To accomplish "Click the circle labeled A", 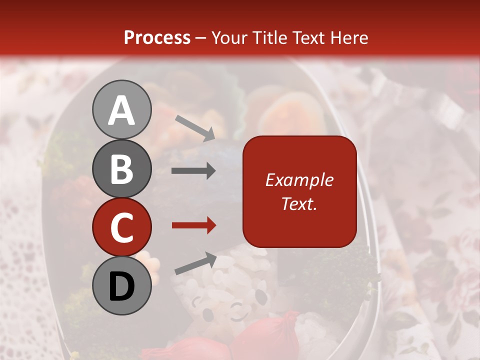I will tap(121, 109).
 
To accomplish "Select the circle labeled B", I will tap(121, 168).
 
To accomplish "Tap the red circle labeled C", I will tap(121, 227).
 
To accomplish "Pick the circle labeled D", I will tap(121, 286).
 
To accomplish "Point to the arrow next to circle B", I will tap(193, 171).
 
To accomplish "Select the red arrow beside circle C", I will tap(193, 225).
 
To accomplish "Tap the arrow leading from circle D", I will tap(195, 263).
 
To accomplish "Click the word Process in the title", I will tap(157, 37).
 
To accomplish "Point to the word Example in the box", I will tap(299, 180).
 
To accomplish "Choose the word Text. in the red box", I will tap(299, 203).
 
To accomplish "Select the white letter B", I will tap(121, 168).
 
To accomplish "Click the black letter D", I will tap(121, 286).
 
